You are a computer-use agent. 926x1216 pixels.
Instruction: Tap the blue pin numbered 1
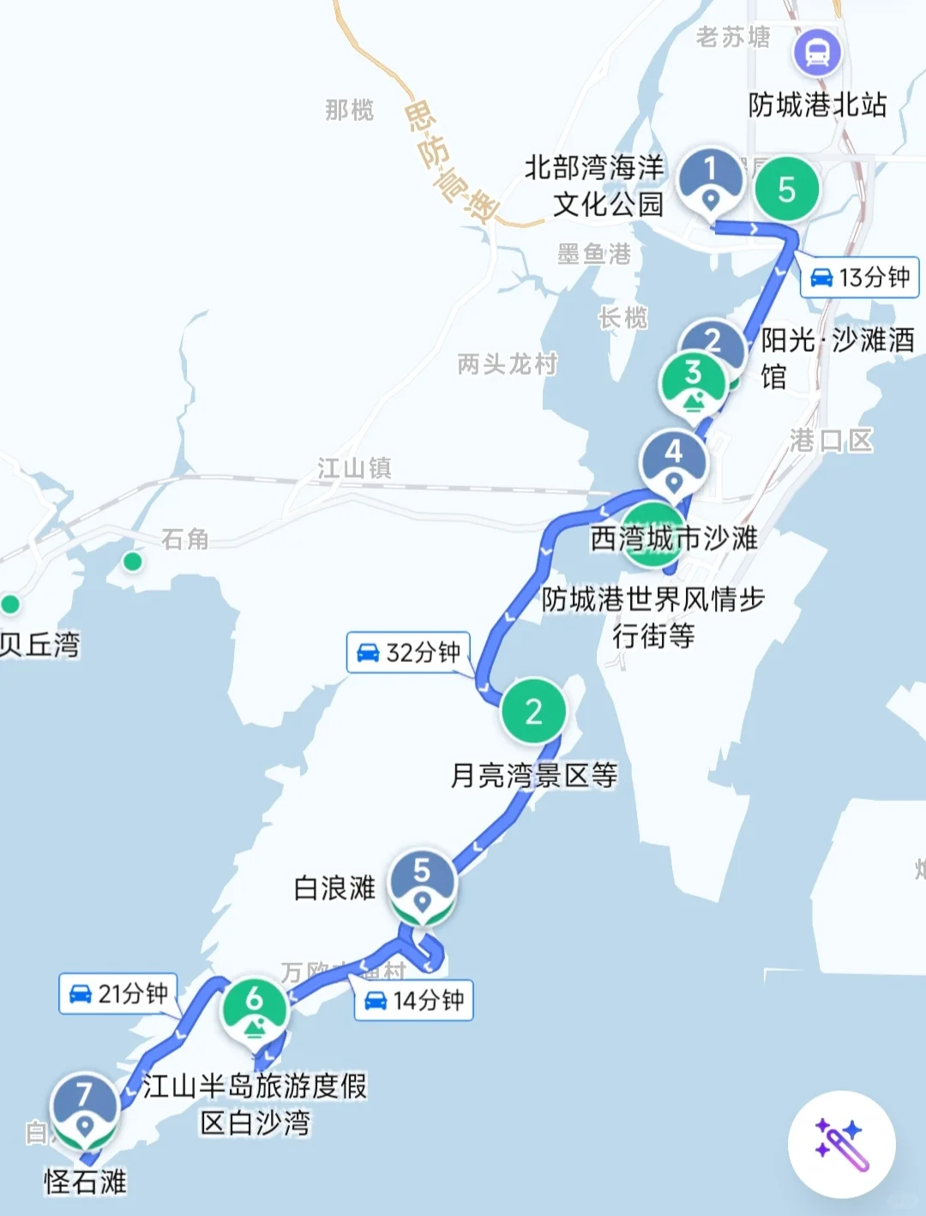[710, 178]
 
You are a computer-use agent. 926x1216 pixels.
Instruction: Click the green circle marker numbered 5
[786, 189]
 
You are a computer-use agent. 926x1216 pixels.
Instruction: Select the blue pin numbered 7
[84, 1105]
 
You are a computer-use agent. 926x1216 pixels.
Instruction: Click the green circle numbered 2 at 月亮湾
[533, 711]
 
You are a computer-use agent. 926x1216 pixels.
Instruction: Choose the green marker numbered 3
[693, 382]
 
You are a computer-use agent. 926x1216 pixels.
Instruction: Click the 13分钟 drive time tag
[860, 278]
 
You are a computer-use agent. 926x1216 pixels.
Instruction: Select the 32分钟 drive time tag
[409, 653]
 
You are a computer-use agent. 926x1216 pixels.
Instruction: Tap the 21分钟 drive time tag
[118, 994]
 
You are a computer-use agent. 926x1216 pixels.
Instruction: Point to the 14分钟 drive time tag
[414, 1000]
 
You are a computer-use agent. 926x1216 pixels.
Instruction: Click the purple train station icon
[817, 53]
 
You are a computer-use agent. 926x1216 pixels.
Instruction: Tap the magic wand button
[842, 1144]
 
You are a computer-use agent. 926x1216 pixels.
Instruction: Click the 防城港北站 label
[817, 105]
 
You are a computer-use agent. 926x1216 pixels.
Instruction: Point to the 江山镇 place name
[354, 468]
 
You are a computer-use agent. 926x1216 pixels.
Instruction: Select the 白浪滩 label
[334, 888]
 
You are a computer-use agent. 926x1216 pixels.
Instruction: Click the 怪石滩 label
[85, 1182]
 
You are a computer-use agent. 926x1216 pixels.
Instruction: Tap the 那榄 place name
[349, 110]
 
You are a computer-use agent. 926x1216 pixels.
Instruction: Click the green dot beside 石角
[132, 561]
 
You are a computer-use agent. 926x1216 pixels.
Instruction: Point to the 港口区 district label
[831, 441]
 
